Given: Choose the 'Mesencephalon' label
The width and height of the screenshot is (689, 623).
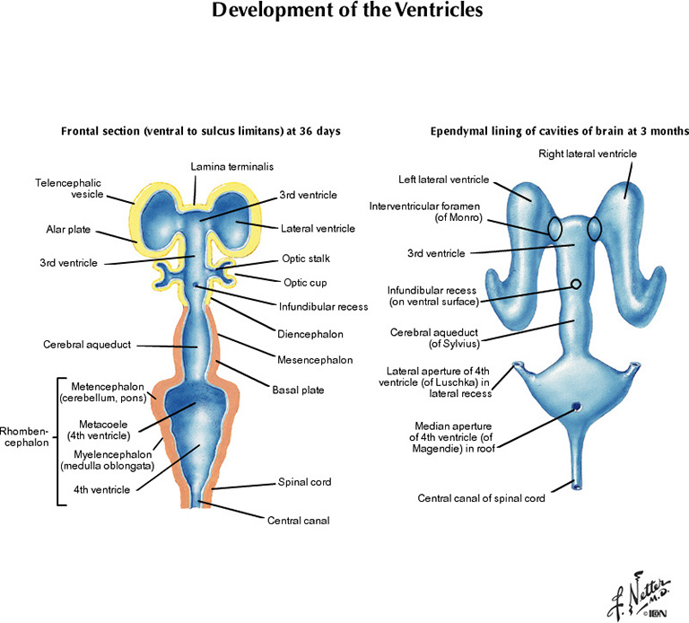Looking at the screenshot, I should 315,359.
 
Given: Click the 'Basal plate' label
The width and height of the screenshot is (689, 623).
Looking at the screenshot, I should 300,390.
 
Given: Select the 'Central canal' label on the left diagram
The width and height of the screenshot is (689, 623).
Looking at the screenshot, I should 298,519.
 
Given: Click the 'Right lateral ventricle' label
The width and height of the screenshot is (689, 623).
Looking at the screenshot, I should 588,154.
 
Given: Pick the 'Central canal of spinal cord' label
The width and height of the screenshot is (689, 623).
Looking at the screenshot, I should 482,498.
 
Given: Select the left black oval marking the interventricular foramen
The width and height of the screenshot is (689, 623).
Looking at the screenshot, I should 556,229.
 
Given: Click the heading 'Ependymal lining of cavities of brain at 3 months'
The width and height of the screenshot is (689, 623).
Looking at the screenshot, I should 559,131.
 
